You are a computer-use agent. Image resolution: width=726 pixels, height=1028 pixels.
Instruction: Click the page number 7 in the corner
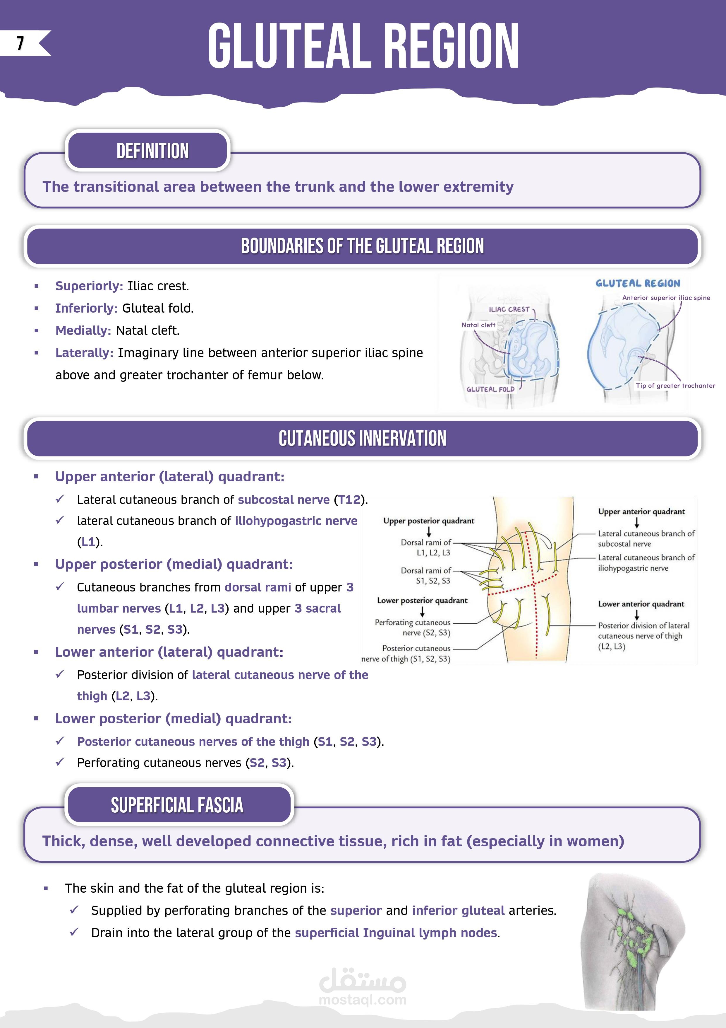click(x=20, y=43)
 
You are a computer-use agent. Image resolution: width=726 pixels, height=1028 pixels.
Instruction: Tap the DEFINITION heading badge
click(x=152, y=151)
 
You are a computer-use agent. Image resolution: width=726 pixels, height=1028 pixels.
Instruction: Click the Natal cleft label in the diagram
click(x=478, y=325)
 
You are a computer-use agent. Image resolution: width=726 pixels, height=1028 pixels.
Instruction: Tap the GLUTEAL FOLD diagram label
click(x=490, y=389)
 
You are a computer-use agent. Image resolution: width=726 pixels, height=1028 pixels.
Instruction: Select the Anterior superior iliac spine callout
click(x=666, y=298)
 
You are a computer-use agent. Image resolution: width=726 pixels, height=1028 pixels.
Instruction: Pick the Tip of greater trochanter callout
click(x=675, y=386)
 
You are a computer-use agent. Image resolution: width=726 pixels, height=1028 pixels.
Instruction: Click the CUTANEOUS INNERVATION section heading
click(x=362, y=438)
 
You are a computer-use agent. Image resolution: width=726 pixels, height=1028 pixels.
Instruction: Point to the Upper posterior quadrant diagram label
click(x=428, y=521)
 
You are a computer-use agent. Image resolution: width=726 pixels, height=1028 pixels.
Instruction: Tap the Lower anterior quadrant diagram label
click(x=641, y=604)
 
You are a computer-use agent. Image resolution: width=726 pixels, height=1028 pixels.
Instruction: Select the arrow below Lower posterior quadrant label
click(x=422, y=612)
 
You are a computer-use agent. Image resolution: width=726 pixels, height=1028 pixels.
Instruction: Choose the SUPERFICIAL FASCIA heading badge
click(x=177, y=805)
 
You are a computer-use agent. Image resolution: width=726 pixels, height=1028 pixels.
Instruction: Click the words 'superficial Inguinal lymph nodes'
click(x=396, y=932)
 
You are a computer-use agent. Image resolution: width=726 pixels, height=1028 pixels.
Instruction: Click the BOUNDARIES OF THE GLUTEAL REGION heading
click(x=362, y=246)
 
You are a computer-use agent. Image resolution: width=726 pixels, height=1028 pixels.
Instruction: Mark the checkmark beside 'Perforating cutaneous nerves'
click(x=60, y=762)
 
